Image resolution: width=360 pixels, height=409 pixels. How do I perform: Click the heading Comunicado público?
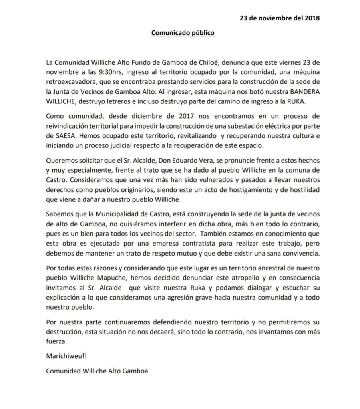pyautogui.click(x=183, y=33)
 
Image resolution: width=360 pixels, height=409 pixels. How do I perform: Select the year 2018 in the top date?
pyautogui.click(x=312, y=18)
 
